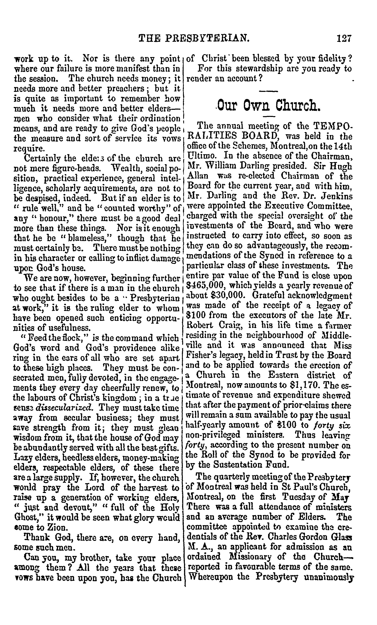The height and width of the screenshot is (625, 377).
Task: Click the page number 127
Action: [x=344, y=38]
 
